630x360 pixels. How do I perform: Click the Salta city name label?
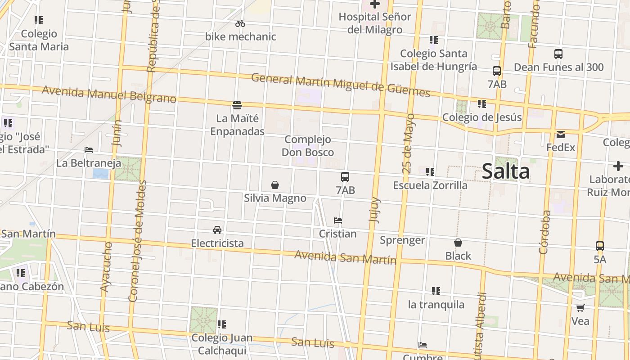506,172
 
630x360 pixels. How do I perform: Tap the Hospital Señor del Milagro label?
375,23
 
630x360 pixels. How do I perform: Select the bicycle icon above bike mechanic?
240,23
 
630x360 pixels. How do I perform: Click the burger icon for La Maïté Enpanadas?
237,105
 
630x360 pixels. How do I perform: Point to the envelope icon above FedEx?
560,134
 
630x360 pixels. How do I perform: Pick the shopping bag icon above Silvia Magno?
275,185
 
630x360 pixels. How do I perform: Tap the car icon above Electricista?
217,230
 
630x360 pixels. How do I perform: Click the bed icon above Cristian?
338,220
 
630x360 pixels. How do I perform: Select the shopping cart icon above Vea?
580,308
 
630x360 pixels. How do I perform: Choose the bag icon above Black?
458,243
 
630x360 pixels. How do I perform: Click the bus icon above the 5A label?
599,246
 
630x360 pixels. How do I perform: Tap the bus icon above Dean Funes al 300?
558,54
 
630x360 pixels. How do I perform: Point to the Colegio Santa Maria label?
39,40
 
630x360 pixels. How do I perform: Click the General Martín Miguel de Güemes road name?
340,85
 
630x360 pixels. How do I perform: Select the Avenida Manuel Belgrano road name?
109,94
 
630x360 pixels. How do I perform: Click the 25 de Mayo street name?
408,144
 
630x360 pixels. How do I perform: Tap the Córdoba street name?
544,232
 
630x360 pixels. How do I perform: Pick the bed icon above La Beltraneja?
89,150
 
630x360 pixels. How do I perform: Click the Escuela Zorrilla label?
430,185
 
